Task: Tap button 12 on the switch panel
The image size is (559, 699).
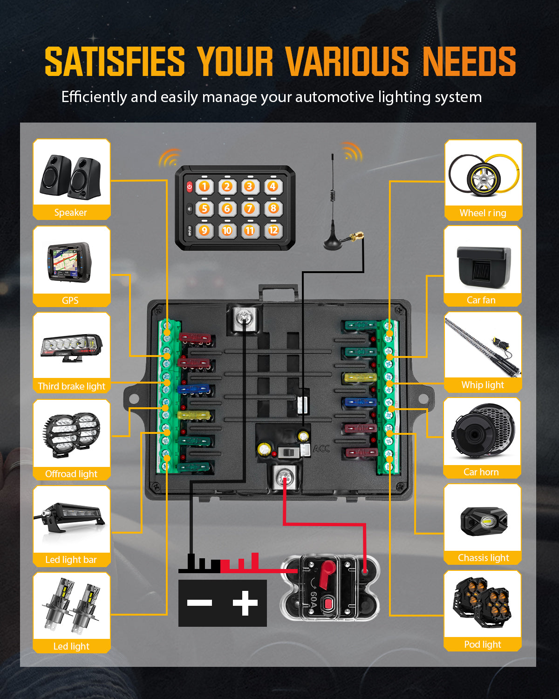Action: [273, 230]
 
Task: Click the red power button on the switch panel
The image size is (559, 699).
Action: [190, 187]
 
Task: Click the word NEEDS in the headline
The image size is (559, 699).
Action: [469, 62]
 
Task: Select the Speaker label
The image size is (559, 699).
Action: [71, 212]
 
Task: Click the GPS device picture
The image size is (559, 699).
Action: [70, 262]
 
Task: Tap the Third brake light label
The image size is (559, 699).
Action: [72, 386]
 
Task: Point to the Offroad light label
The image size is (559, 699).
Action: [71, 474]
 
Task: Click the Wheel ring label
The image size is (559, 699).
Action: [483, 213]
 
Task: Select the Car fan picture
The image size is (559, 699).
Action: [484, 267]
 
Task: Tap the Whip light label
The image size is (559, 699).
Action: [483, 385]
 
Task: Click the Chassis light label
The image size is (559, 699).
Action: [483, 558]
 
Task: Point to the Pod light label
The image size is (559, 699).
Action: [483, 644]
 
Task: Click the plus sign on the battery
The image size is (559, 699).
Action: [245, 603]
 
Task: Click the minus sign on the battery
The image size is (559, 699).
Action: [199, 603]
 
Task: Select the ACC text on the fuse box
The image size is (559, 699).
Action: [321, 449]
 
